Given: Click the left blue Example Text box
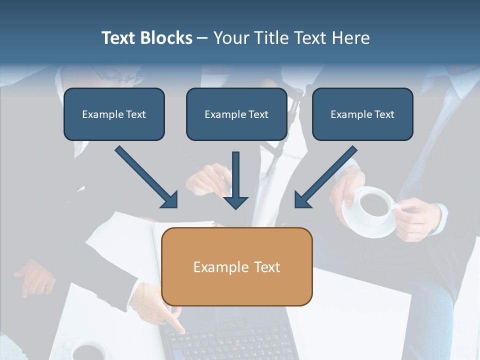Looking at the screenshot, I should click(x=114, y=114).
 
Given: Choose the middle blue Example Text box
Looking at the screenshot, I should click(x=236, y=114).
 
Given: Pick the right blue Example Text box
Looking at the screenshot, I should click(x=362, y=114).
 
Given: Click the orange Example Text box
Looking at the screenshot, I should click(x=237, y=267).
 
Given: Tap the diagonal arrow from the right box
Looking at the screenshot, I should click(x=325, y=177).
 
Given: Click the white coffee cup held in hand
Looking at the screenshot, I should click(x=375, y=202).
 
